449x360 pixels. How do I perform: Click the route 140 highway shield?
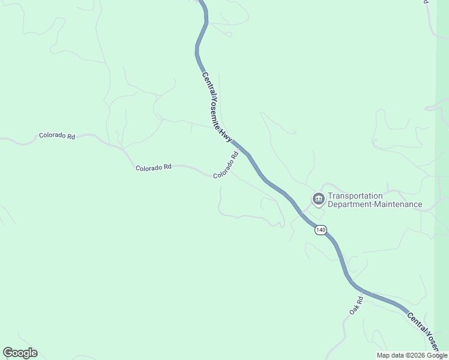321,230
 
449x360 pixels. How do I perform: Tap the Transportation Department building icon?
318,199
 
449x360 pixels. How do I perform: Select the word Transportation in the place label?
355,196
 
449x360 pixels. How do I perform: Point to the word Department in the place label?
349,205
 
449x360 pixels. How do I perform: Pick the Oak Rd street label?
357,305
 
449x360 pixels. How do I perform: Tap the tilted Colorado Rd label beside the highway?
226,164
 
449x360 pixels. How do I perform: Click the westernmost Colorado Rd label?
57,136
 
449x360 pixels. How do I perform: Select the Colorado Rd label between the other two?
154,168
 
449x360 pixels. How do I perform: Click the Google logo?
20,353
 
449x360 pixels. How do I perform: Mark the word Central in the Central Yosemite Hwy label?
206,85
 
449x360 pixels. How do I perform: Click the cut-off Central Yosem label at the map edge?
426,329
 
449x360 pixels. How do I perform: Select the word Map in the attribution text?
383,355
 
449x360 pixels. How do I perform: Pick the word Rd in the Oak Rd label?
360,299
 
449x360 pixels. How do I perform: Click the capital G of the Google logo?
8,353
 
